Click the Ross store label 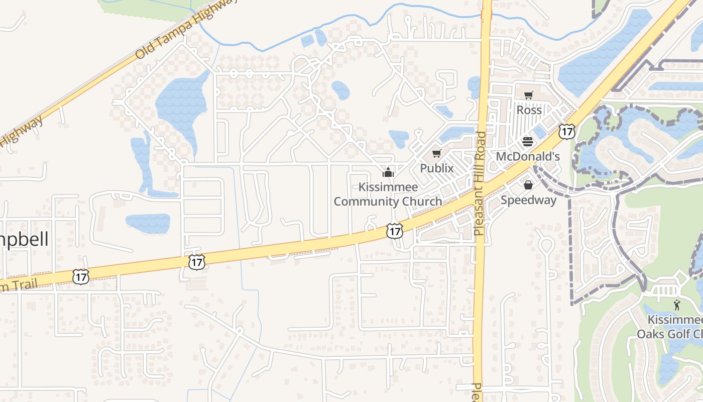[x=529, y=110]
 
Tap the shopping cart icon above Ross [x=528, y=95]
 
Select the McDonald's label [x=527, y=156]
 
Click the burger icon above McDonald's [x=527, y=142]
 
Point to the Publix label [x=436, y=168]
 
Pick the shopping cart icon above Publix [x=436, y=154]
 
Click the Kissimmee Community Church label [x=388, y=194]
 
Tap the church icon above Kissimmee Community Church [x=387, y=173]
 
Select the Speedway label [x=528, y=200]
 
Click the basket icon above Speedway [x=528, y=185]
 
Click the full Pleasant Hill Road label [x=480, y=184]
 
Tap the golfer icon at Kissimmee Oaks [x=677, y=305]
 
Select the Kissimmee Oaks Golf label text [x=671, y=327]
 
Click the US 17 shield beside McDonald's [x=566, y=132]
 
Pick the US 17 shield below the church [x=395, y=231]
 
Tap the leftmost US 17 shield [x=80, y=276]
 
